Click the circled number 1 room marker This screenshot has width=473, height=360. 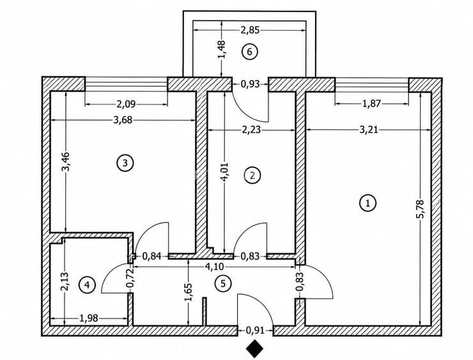click(368, 203)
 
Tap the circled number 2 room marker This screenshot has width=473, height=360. click(252, 175)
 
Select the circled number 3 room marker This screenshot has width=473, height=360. click(125, 163)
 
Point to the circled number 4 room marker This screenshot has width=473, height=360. click(87, 285)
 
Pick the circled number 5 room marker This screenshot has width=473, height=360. click(223, 284)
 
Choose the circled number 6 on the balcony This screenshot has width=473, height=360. click(249, 52)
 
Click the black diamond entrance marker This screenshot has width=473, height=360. click(254, 348)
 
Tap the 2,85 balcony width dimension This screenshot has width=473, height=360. click(250, 31)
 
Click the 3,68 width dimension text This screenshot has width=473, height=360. click(123, 120)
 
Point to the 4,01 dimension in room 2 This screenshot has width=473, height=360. click(225, 173)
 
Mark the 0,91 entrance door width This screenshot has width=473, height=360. click(255, 331)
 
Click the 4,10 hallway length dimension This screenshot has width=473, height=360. click(214, 267)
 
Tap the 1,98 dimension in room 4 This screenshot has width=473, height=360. click(88, 318)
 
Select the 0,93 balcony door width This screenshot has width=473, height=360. click(250, 84)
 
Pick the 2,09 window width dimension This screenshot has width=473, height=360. click(126, 104)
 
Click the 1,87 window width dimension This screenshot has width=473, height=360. click(371, 104)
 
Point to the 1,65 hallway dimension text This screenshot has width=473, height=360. click(188, 292)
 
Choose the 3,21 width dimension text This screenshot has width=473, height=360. click(369, 130)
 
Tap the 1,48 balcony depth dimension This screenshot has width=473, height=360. click(222, 49)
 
